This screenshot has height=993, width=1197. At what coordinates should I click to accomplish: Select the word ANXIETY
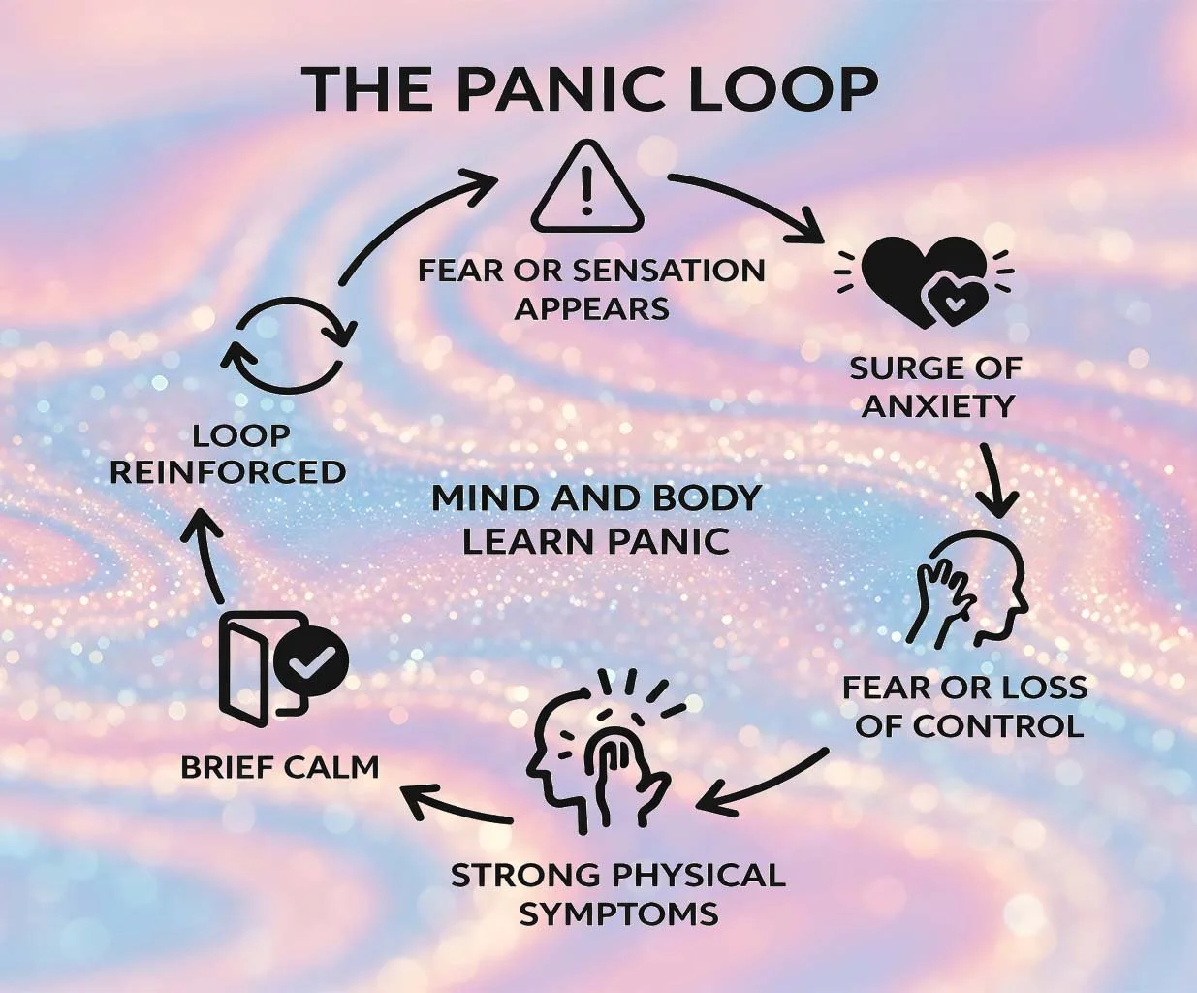tap(937, 405)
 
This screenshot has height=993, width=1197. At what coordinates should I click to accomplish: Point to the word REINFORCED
tap(228, 472)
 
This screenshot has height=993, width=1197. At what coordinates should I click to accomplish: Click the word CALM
tap(331, 767)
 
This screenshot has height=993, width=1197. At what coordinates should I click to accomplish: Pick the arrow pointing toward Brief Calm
tap(456, 805)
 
